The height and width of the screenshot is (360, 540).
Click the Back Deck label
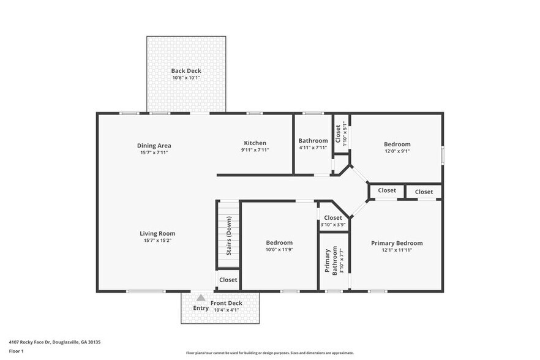pos(186,71)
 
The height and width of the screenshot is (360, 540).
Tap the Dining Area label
pos(154,145)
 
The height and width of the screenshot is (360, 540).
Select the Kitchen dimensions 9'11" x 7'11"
pos(255,150)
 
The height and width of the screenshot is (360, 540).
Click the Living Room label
pos(157,233)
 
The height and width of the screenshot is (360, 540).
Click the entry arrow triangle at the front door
pos(201,298)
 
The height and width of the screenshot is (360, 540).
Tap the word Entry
pos(201,308)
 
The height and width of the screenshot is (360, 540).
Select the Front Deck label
pos(227,303)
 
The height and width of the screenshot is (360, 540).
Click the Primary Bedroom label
pos(397,243)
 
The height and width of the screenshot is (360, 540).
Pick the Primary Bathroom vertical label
pos(331,261)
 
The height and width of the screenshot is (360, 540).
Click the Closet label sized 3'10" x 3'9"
pos(333,218)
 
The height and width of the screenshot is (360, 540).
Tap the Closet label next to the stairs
pos(228,280)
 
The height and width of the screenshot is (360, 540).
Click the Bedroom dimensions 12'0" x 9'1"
pos(397,151)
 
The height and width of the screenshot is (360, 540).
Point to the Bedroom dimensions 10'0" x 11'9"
pos(279,250)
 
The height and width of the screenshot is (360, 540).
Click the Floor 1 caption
pos(16,351)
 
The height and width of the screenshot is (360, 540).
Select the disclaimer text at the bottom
pos(270,353)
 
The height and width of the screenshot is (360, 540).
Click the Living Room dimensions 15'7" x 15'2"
pos(157,241)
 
